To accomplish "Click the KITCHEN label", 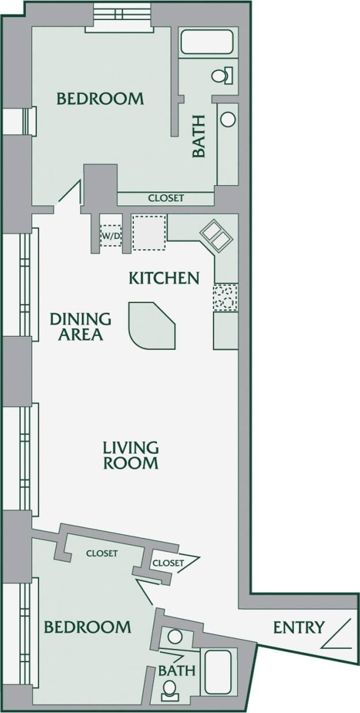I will point(164,278).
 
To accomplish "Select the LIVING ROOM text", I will point(131,455).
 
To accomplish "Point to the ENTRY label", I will point(298,627).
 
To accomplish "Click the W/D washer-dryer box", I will point(111,236).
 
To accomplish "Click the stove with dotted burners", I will point(225,298).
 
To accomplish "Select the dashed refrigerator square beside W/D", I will point(149,232).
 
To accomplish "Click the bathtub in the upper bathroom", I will point(206,42).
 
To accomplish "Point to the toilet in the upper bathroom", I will point(222,75).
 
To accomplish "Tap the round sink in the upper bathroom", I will point(228,119).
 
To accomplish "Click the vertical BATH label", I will point(199,136).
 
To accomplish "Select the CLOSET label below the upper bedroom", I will point(166,198).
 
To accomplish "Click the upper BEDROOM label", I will point(100,99).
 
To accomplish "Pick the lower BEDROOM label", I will point(88,626).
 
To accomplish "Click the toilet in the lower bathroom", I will point(170,688).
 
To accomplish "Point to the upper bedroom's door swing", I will point(70,196).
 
